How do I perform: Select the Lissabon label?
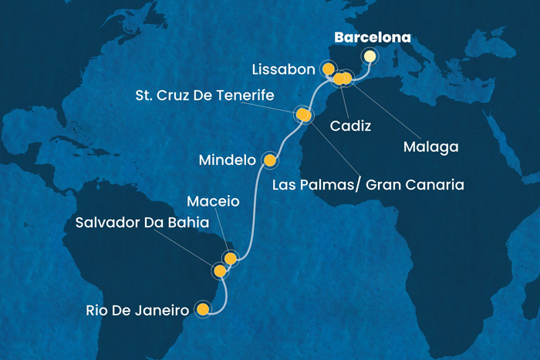point(283,69)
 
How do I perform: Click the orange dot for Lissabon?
point(329,69)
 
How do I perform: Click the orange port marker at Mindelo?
point(270,160)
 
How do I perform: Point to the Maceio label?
point(214,202)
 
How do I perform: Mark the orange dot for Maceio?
point(229,257)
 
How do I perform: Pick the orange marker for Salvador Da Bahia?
point(220,271)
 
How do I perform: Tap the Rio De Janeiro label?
point(139,311)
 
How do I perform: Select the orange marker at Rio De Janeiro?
point(203,310)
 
